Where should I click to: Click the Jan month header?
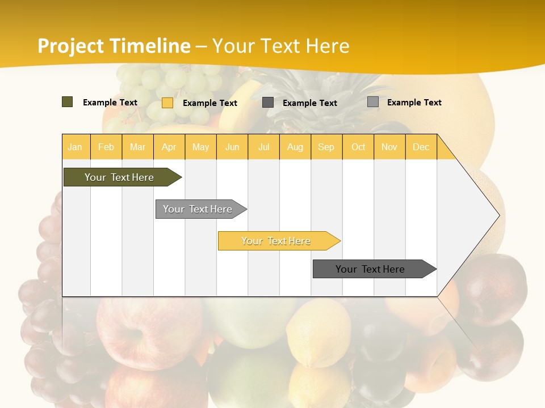pyautogui.click(x=76, y=147)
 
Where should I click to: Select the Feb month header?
pyautogui.click(x=106, y=147)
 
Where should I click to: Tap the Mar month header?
pyautogui.click(x=137, y=147)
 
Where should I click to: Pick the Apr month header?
pyautogui.click(x=169, y=147)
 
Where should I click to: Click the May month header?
pyautogui.click(x=200, y=147)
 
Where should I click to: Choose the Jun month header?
pyautogui.click(x=232, y=147)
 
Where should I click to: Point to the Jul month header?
pyautogui.click(x=264, y=147)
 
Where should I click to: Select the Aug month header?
pyautogui.click(x=295, y=147)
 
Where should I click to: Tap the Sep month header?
pyautogui.click(x=326, y=147)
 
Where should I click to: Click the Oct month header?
pyautogui.click(x=358, y=147)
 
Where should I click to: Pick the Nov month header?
pyautogui.click(x=389, y=147)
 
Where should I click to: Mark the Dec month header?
pyautogui.click(x=421, y=147)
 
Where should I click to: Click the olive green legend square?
pyautogui.click(x=68, y=102)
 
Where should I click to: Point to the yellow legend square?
pyautogui.click(x=167, y=103)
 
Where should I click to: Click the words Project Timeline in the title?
pyautogui.click(x=114, y=46)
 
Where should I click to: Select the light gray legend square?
pyautogui.click(x=373, y=102)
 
